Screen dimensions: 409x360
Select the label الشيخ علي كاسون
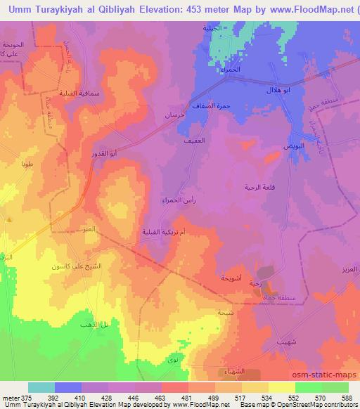tap(65, 266)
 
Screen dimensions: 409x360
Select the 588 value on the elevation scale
tap(348, 398)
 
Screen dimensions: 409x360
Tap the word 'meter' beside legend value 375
tap(9, 398)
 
